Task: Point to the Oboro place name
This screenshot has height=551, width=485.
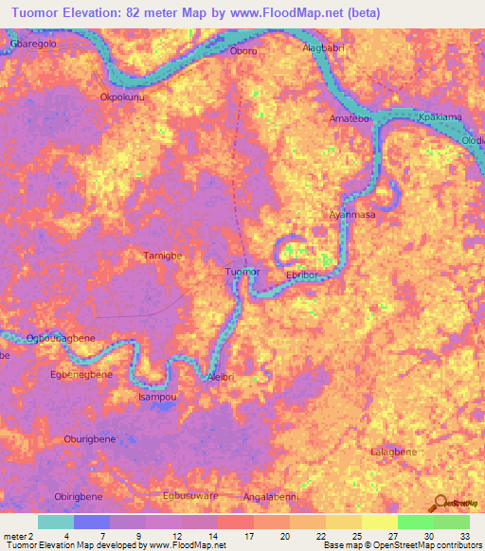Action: (x=243, y=51)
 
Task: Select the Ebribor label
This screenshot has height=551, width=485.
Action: (x=306, y=275)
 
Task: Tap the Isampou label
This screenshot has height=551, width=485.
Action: (x=157, y=397)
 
